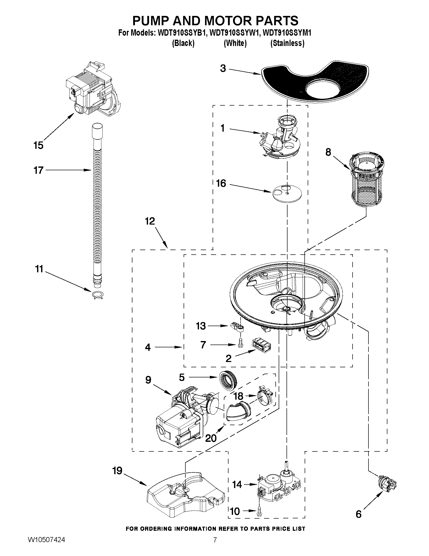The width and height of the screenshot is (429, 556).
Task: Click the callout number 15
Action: click(38, 145)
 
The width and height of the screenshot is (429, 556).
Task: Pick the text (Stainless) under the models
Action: click(287, 43)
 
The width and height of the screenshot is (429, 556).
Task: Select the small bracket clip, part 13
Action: click(237, 327)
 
